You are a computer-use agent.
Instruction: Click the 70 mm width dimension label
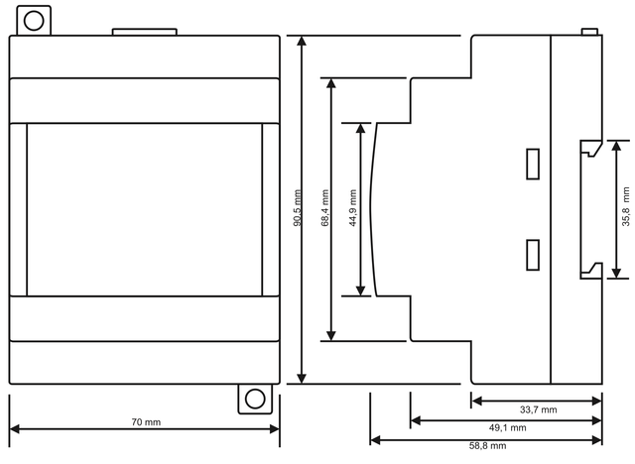pos(146,422)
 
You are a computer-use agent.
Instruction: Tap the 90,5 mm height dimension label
pos(298,208)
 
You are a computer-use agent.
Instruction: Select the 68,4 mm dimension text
pos(324,208)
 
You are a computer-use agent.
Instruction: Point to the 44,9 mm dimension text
pos(353,208)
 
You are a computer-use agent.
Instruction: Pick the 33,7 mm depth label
pos(538,409)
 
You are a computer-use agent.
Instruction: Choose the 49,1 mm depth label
pos(507,427)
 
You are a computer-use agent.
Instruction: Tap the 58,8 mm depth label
pos(487,446)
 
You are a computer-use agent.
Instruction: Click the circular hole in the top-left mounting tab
pos(34,21)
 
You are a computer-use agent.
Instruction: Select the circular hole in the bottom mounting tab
pos(255,399)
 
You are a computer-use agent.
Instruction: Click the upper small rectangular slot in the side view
pos(533,164)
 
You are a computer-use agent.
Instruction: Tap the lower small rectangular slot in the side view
pos(533,255)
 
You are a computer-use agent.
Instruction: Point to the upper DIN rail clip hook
pos(591,149)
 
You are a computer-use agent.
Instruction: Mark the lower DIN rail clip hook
pos(591,271)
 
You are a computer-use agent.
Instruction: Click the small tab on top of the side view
pos(589,32)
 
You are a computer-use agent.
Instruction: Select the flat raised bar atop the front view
pos(145,32)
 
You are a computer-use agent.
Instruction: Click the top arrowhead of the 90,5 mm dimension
pos(302,41)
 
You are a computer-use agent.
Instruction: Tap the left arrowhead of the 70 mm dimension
pos(15,429)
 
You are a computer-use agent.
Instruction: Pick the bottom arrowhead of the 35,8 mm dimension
pos(616,273)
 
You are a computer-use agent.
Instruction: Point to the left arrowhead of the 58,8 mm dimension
pos(376,440)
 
